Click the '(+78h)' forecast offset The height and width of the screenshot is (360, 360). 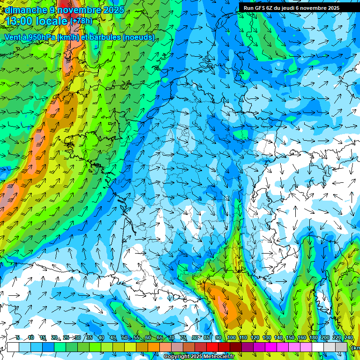(82, 21)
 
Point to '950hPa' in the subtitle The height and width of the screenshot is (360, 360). (41, 37)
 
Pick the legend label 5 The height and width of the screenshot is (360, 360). (18, 337)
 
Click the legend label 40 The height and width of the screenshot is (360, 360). (101, 337)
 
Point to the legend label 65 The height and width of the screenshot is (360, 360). (159, 337)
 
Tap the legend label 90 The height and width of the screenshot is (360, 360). (218, 337)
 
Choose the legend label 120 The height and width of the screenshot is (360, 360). (255, 337)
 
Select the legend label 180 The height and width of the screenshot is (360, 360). (313, 337)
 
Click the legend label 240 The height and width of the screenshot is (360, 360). (348, 337)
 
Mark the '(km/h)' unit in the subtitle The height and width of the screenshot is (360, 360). (67, 37)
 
